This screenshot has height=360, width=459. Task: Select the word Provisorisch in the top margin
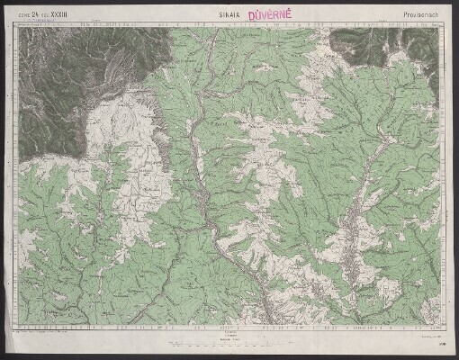(418, 16)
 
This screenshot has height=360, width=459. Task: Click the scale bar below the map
(229, 342)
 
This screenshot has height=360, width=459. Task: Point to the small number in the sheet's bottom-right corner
(440, 343)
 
